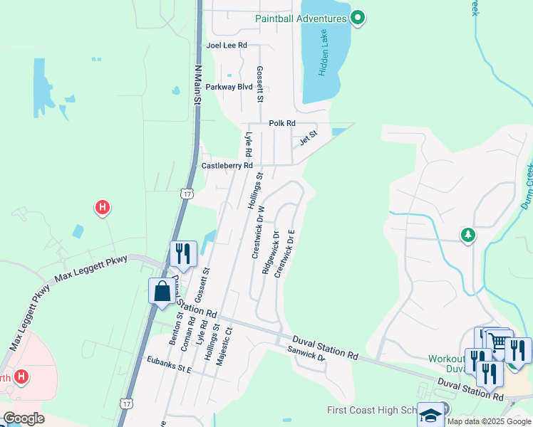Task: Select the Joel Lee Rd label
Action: click(226, 45)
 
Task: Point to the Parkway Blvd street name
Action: click(229, 87)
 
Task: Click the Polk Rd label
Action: click(282, 123)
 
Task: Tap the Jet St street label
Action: click(308, 136)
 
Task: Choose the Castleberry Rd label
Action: click(227, 165)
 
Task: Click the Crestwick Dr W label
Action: click(258, 233)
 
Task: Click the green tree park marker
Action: click(467, 235)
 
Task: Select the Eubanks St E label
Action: click(166, 369)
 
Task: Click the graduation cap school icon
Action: click(430, 415)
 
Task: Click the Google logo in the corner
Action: click(24, 418)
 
